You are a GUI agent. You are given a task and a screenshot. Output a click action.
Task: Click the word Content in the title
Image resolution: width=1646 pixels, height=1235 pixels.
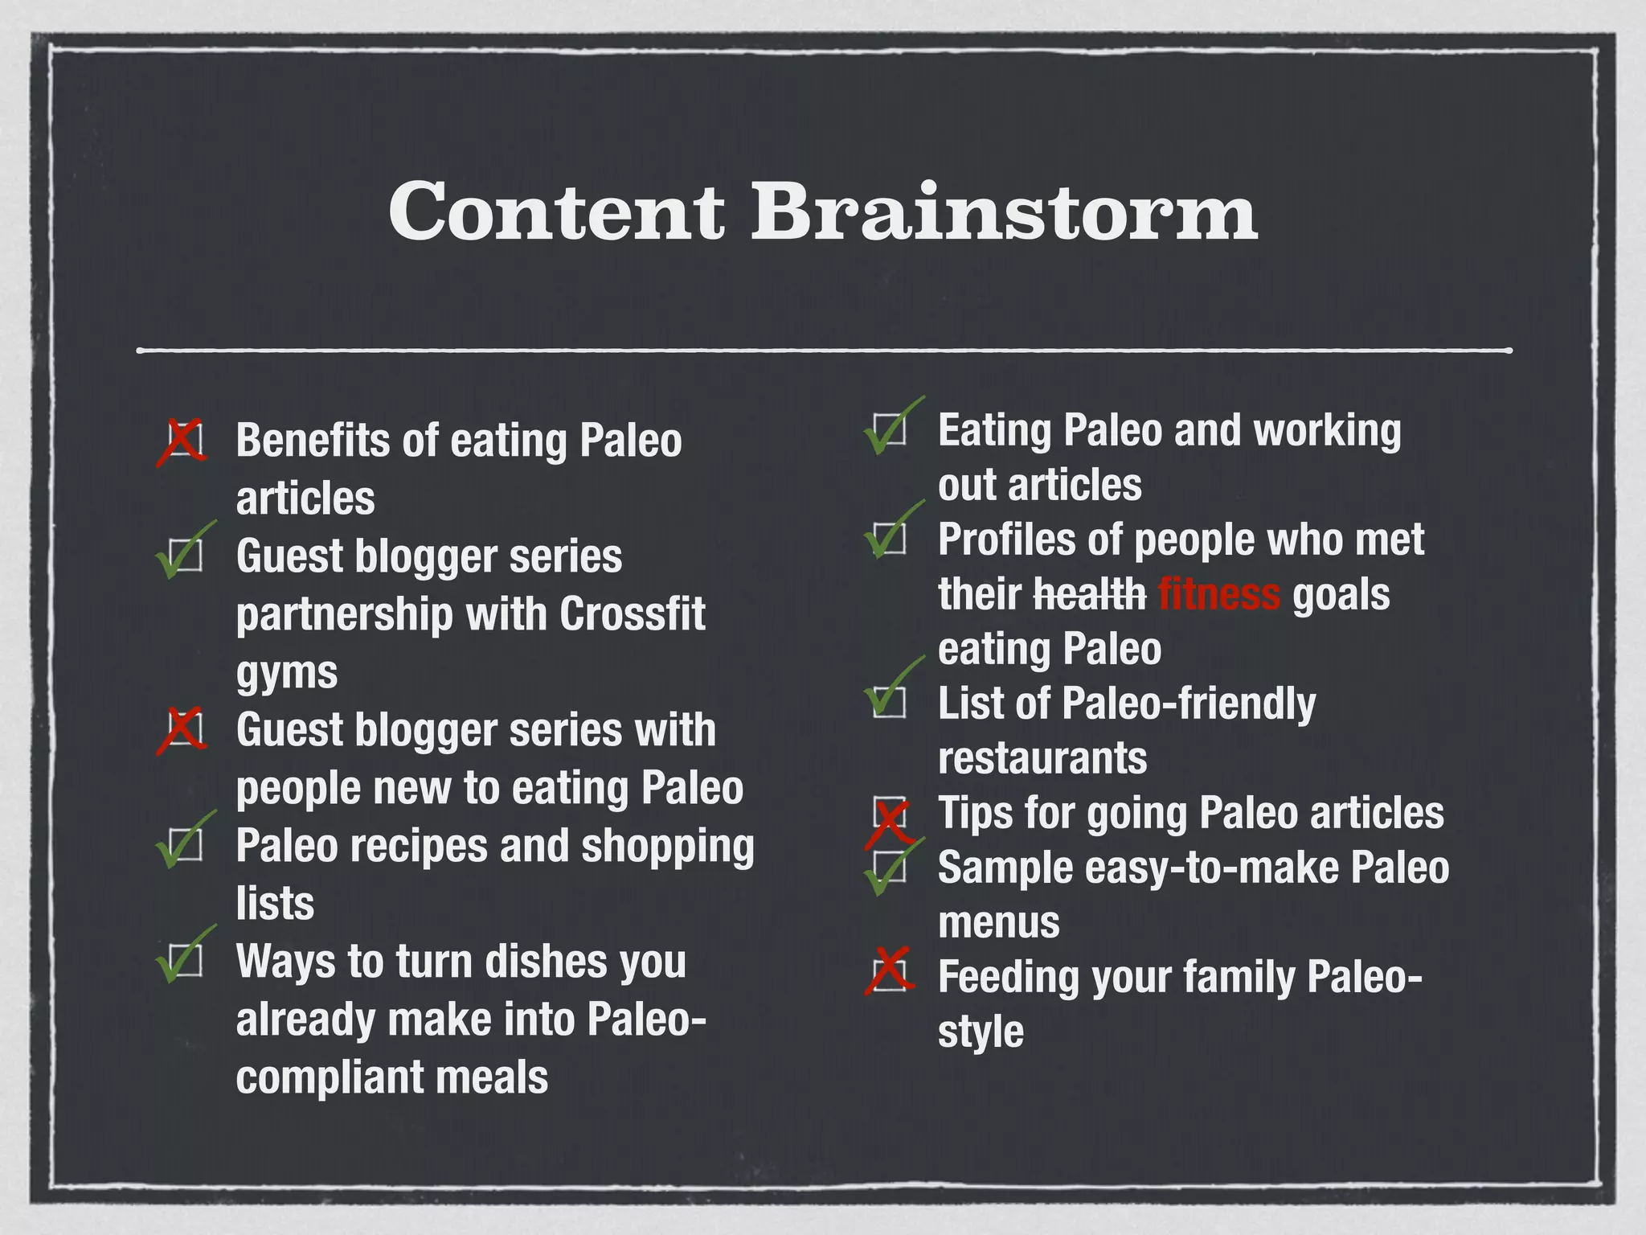556,211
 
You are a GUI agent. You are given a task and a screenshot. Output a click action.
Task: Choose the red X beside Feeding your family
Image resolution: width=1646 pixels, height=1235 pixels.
889,971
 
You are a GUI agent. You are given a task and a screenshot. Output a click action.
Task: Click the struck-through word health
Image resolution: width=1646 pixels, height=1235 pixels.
1090,595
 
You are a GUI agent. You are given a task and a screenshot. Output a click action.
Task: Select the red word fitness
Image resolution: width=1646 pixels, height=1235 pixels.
1218,595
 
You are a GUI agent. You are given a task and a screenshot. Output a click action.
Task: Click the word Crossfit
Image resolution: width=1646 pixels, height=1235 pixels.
632,614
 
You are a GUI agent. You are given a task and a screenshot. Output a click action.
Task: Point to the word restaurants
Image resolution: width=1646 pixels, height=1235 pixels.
1042,758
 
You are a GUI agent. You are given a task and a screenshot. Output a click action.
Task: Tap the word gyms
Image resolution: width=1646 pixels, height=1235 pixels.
287,672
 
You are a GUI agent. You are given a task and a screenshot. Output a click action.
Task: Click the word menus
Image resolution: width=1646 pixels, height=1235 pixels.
998,923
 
